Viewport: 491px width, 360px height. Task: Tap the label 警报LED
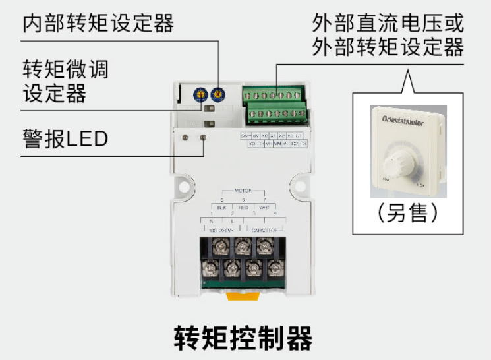click(65, 139)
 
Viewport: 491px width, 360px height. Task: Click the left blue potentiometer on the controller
click(198, 96)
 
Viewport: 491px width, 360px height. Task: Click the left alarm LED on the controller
click(187, 137)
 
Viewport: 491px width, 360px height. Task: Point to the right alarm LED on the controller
click(203, 137)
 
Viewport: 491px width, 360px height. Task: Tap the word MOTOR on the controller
click(243, 190)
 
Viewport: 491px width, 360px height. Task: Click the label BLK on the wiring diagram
click(222, 206)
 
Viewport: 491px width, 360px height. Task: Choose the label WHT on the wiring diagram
click(264, 206)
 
